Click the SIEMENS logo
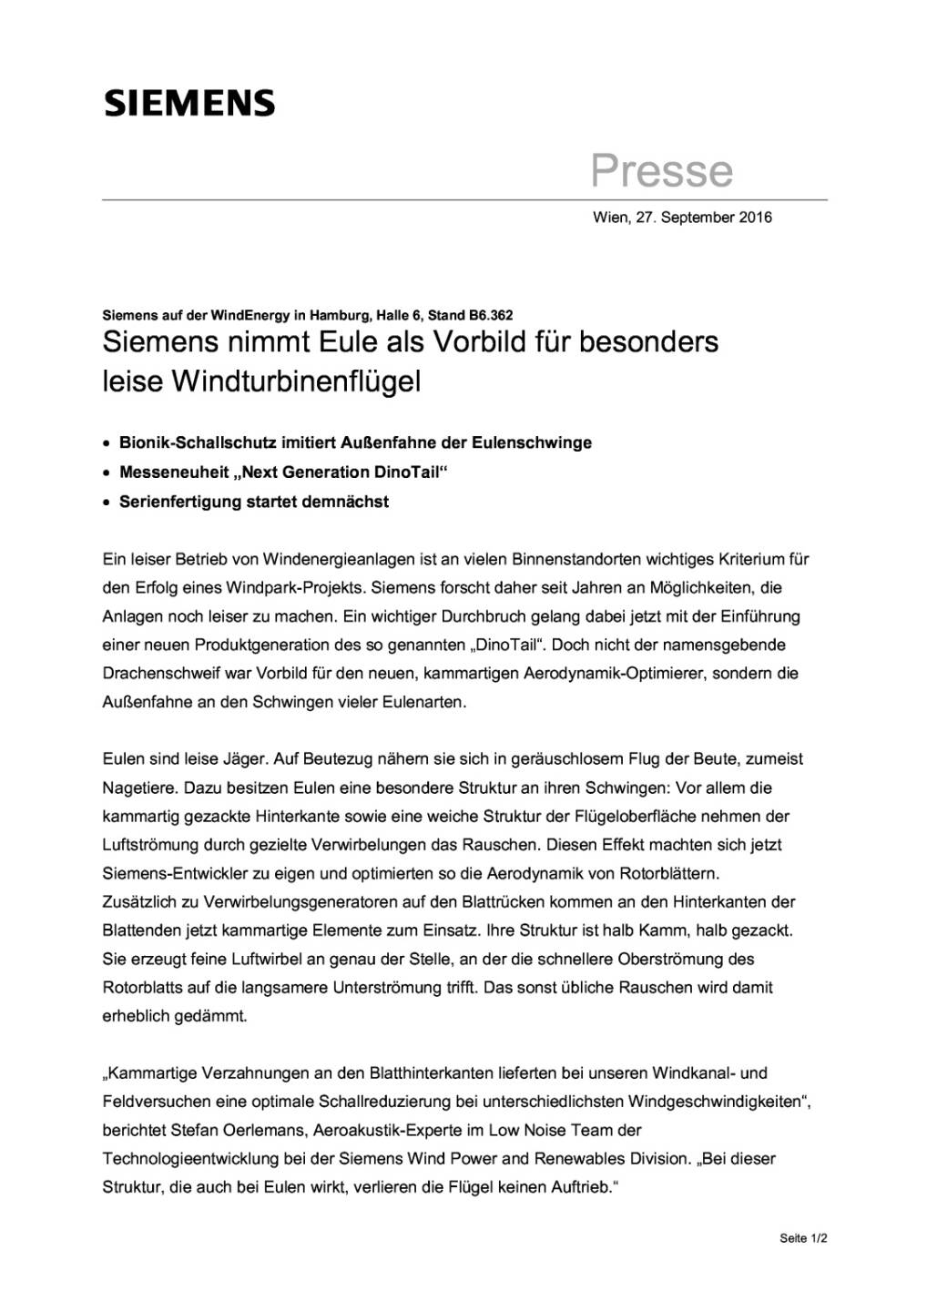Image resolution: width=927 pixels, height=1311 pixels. (x=189, y=103)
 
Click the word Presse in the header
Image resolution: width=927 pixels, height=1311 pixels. (x=662, y=170)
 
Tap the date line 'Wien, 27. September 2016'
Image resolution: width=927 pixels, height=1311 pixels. (x=682, y=218)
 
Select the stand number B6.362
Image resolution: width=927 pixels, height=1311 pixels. (x=491, y=316)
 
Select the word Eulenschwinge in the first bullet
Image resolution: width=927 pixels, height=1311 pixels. (x=532, y=443)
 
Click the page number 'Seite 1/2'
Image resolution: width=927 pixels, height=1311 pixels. (x=803, y=1239)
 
